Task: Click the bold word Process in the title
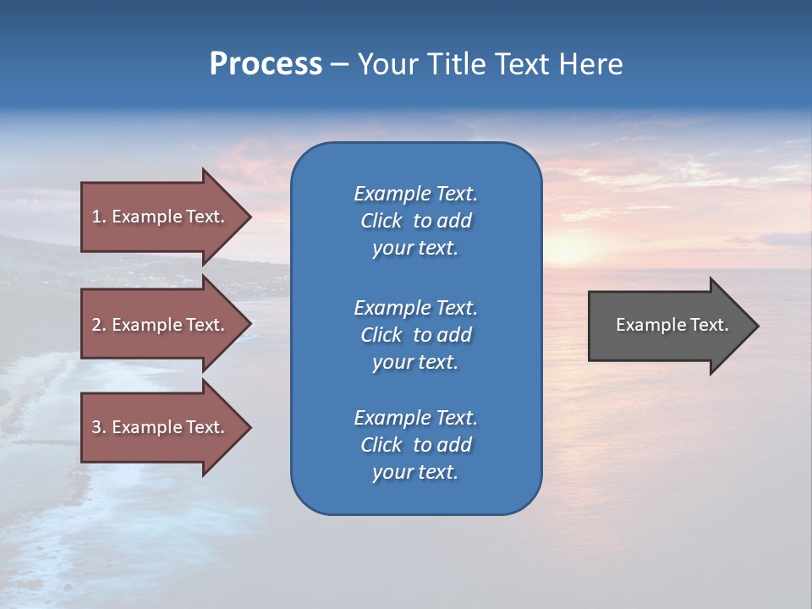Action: (266, 64)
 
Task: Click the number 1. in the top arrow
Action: (99, 217)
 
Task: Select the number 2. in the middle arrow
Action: (99, 325)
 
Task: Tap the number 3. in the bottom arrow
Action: (99, 427)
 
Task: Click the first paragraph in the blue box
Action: (415, 221)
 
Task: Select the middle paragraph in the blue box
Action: (415, 335)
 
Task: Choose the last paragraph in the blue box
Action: (415, 445)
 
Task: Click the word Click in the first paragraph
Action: (381, 221)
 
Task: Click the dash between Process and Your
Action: (340, 65)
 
